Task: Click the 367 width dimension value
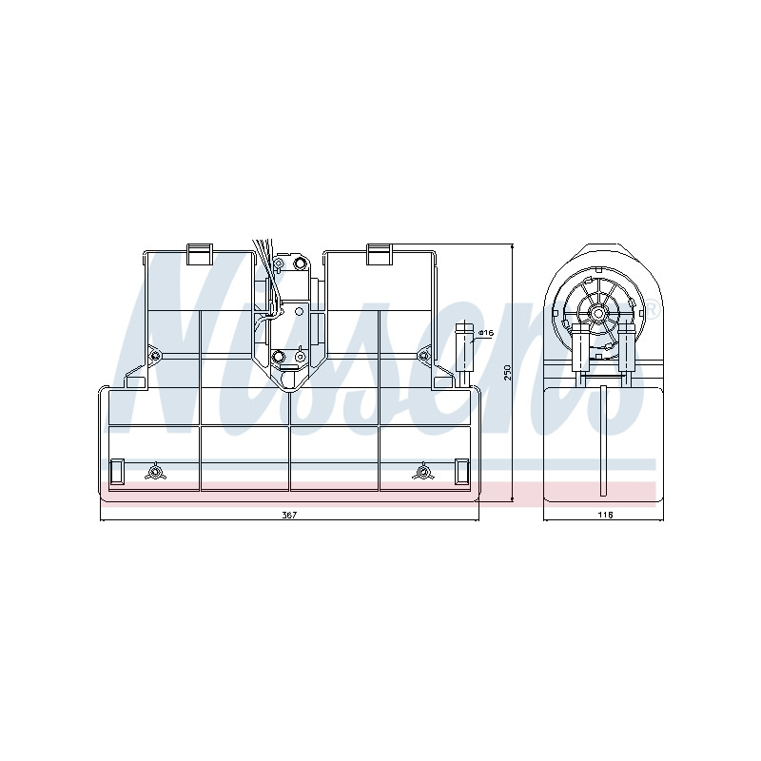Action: tap(289, 515)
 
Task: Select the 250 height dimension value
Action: tap(508, 372)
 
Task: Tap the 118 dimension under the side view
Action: tap(605, 515)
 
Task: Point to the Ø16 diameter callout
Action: tap(485, 333)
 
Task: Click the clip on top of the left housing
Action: tap(200, 254)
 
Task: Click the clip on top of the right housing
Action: tap(379, 254)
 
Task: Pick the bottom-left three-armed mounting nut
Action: tap(155, 471)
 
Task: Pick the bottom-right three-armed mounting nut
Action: tap(422, 471)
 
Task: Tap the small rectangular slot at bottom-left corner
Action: tap(117, 471)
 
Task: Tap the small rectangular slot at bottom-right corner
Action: tap(461, 471)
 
